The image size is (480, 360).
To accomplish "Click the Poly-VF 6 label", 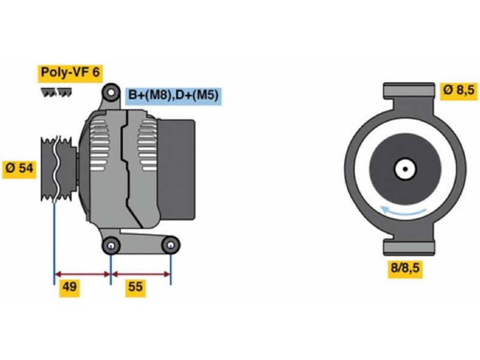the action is coord(70,73).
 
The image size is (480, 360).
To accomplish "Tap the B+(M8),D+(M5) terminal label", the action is coord(173,95).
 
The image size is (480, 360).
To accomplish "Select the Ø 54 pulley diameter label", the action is coord(19,168).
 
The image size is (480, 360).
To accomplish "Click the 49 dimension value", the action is coord(70,287).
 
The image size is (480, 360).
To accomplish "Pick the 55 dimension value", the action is coord(136,287).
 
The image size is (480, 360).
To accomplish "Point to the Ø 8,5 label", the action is coord(460,91).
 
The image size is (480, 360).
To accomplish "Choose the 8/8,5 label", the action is coord(406,268).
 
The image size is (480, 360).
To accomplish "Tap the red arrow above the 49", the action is coord(82,274).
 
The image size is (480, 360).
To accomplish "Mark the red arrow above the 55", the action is coord(141,274).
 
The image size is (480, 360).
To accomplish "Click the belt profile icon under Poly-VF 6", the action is coord(56,92).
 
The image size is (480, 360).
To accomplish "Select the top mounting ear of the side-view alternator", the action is coord(111,92).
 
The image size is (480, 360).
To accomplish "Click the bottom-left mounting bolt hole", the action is coord(111,245).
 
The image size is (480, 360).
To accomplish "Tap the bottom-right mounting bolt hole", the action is coord(170,245).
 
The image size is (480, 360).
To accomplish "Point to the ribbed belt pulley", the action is coord(58,169).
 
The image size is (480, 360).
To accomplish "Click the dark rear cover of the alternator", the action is coord(178,169).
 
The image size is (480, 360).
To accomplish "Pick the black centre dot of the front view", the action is coord(405,169).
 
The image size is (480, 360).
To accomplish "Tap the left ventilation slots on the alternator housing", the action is coord(99,145).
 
